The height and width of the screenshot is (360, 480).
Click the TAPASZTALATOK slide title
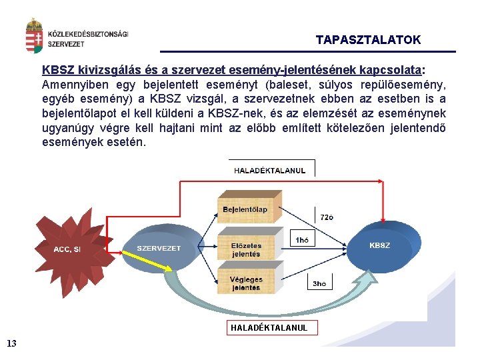click(368, 40)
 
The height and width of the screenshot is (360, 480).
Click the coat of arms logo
click(34, 37)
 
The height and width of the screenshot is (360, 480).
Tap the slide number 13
click(11, 343)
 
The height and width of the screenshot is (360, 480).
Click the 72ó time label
click(327, 217)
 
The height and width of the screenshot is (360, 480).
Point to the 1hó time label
click(302, 239)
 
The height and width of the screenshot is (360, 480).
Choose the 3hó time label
click(319, 283)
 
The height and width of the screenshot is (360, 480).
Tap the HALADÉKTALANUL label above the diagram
click(269, 171)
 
